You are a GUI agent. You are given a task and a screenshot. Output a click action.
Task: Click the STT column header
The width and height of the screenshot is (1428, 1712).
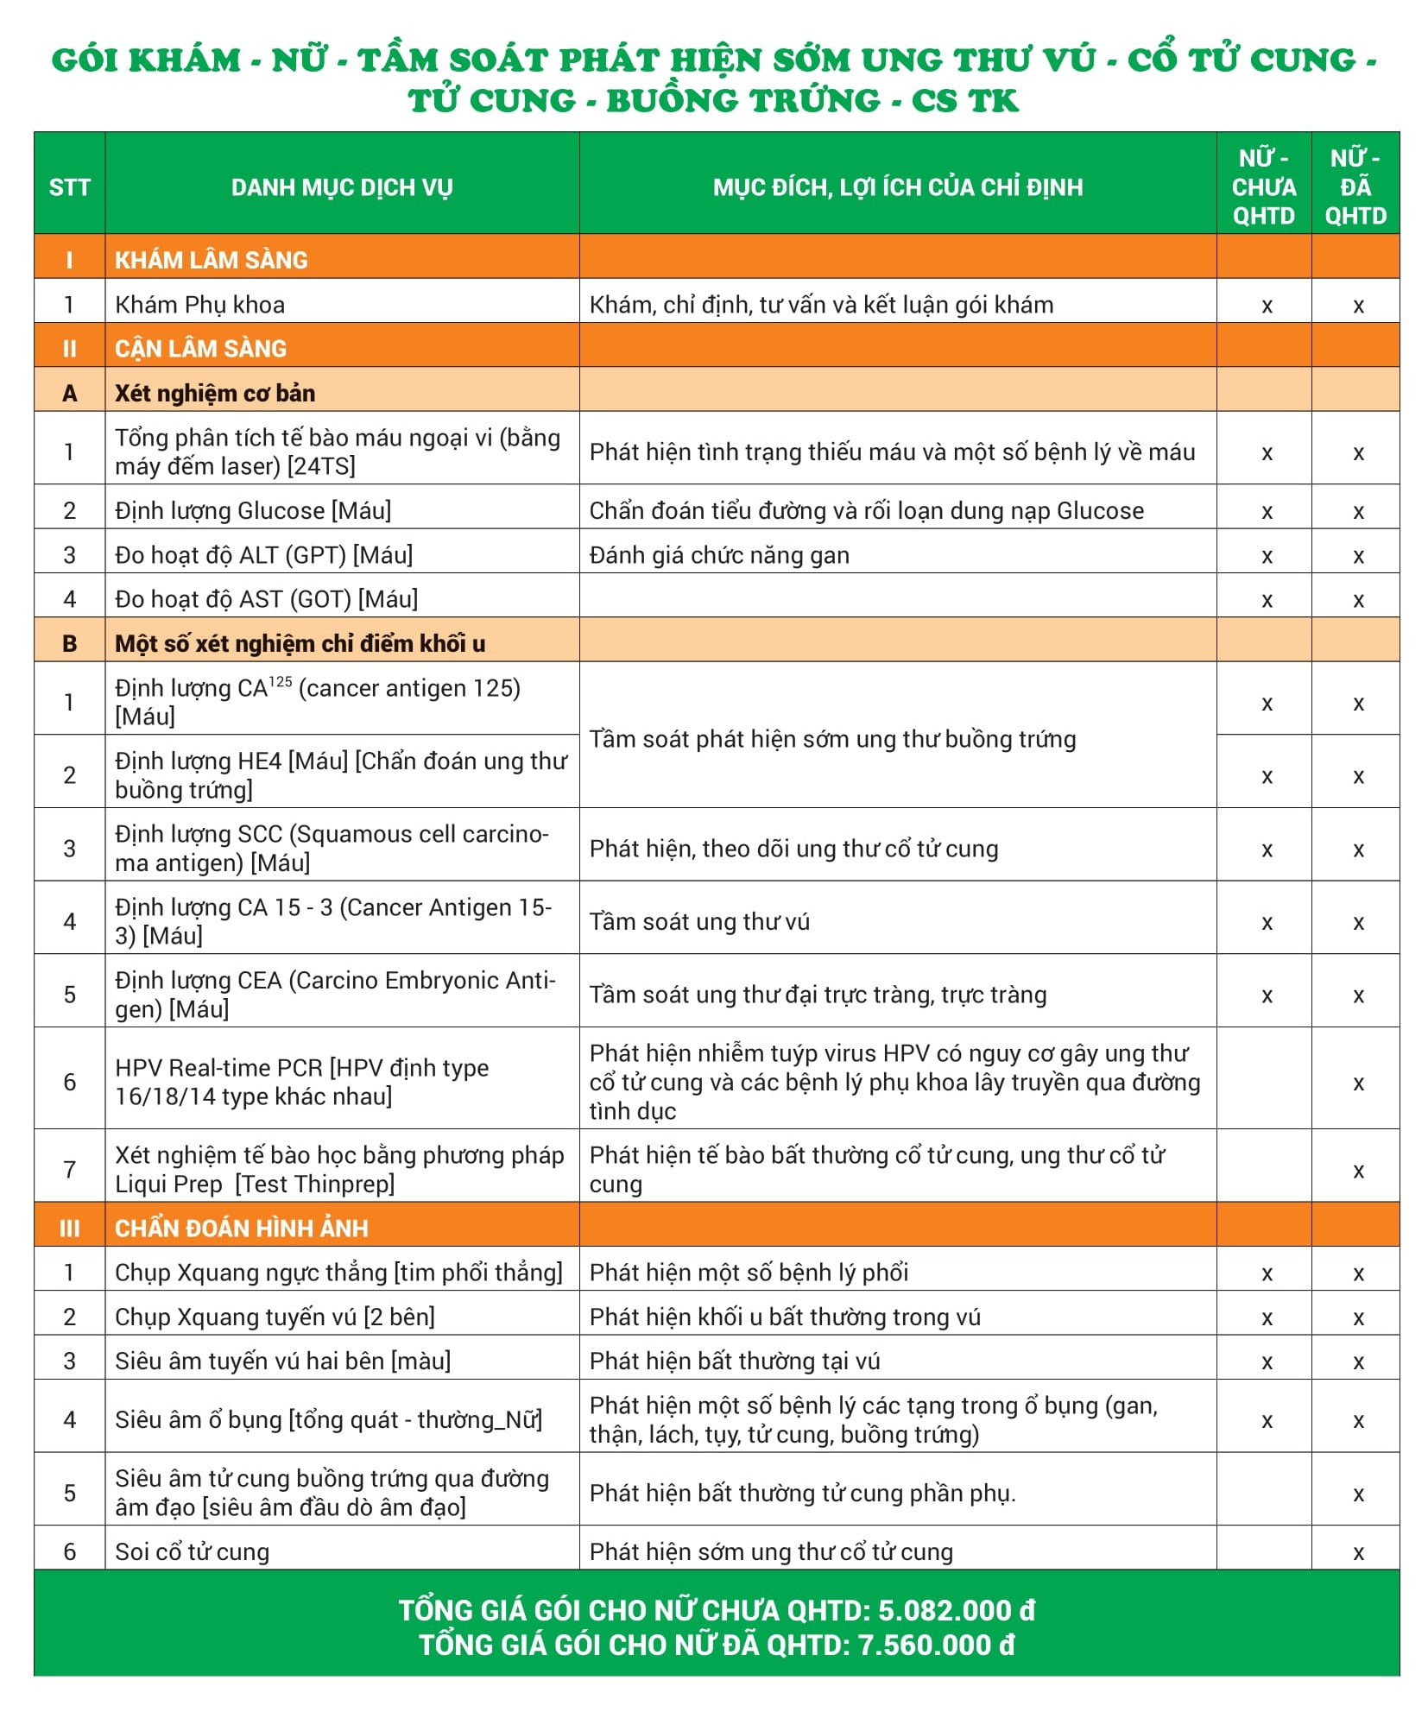coord(69,187)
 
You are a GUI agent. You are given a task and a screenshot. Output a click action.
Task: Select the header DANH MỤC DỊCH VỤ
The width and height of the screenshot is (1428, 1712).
coord(342,187)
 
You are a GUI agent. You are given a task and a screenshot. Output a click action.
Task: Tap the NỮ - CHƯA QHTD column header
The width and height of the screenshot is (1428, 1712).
coord(1264,187)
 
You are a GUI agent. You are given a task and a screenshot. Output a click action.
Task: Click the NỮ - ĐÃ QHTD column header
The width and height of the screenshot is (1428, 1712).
coord(1355,187)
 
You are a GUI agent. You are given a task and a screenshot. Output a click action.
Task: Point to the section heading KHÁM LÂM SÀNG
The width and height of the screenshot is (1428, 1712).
coord(212,260)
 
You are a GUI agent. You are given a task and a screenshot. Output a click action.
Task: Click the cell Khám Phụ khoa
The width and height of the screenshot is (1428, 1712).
coord(200,305)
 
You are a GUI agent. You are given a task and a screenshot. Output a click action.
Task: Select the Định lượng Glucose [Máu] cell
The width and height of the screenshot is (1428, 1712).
coord(253,510)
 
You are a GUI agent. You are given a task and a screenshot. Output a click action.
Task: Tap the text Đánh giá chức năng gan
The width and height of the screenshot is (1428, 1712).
coord(719,555)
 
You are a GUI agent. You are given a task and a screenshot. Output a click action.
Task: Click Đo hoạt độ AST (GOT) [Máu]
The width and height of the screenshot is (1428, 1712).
coord(267,599)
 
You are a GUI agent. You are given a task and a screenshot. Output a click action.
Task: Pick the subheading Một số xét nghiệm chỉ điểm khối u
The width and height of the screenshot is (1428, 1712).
coord(300,644)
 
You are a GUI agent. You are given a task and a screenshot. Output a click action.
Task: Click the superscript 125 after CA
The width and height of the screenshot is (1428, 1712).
coord(281,682)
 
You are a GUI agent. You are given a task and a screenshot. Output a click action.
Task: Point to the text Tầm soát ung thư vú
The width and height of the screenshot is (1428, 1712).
coord(699,922)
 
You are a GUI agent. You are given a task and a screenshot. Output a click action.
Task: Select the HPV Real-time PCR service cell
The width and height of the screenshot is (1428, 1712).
coord(302,1082)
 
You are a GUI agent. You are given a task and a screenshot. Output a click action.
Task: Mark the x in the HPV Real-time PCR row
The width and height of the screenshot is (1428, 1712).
coord(1358,1083)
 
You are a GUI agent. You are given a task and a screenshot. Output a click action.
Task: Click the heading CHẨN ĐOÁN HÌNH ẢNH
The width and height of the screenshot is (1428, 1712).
coord(242,1228)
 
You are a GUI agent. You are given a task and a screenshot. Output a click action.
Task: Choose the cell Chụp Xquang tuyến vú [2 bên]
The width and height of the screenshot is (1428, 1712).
coord(275,1317)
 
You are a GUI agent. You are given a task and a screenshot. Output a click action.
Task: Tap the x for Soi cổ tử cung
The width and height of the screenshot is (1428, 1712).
coord(1358,1553)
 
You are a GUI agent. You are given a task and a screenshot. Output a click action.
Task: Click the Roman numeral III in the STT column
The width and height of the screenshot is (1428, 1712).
coord(69,1228)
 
